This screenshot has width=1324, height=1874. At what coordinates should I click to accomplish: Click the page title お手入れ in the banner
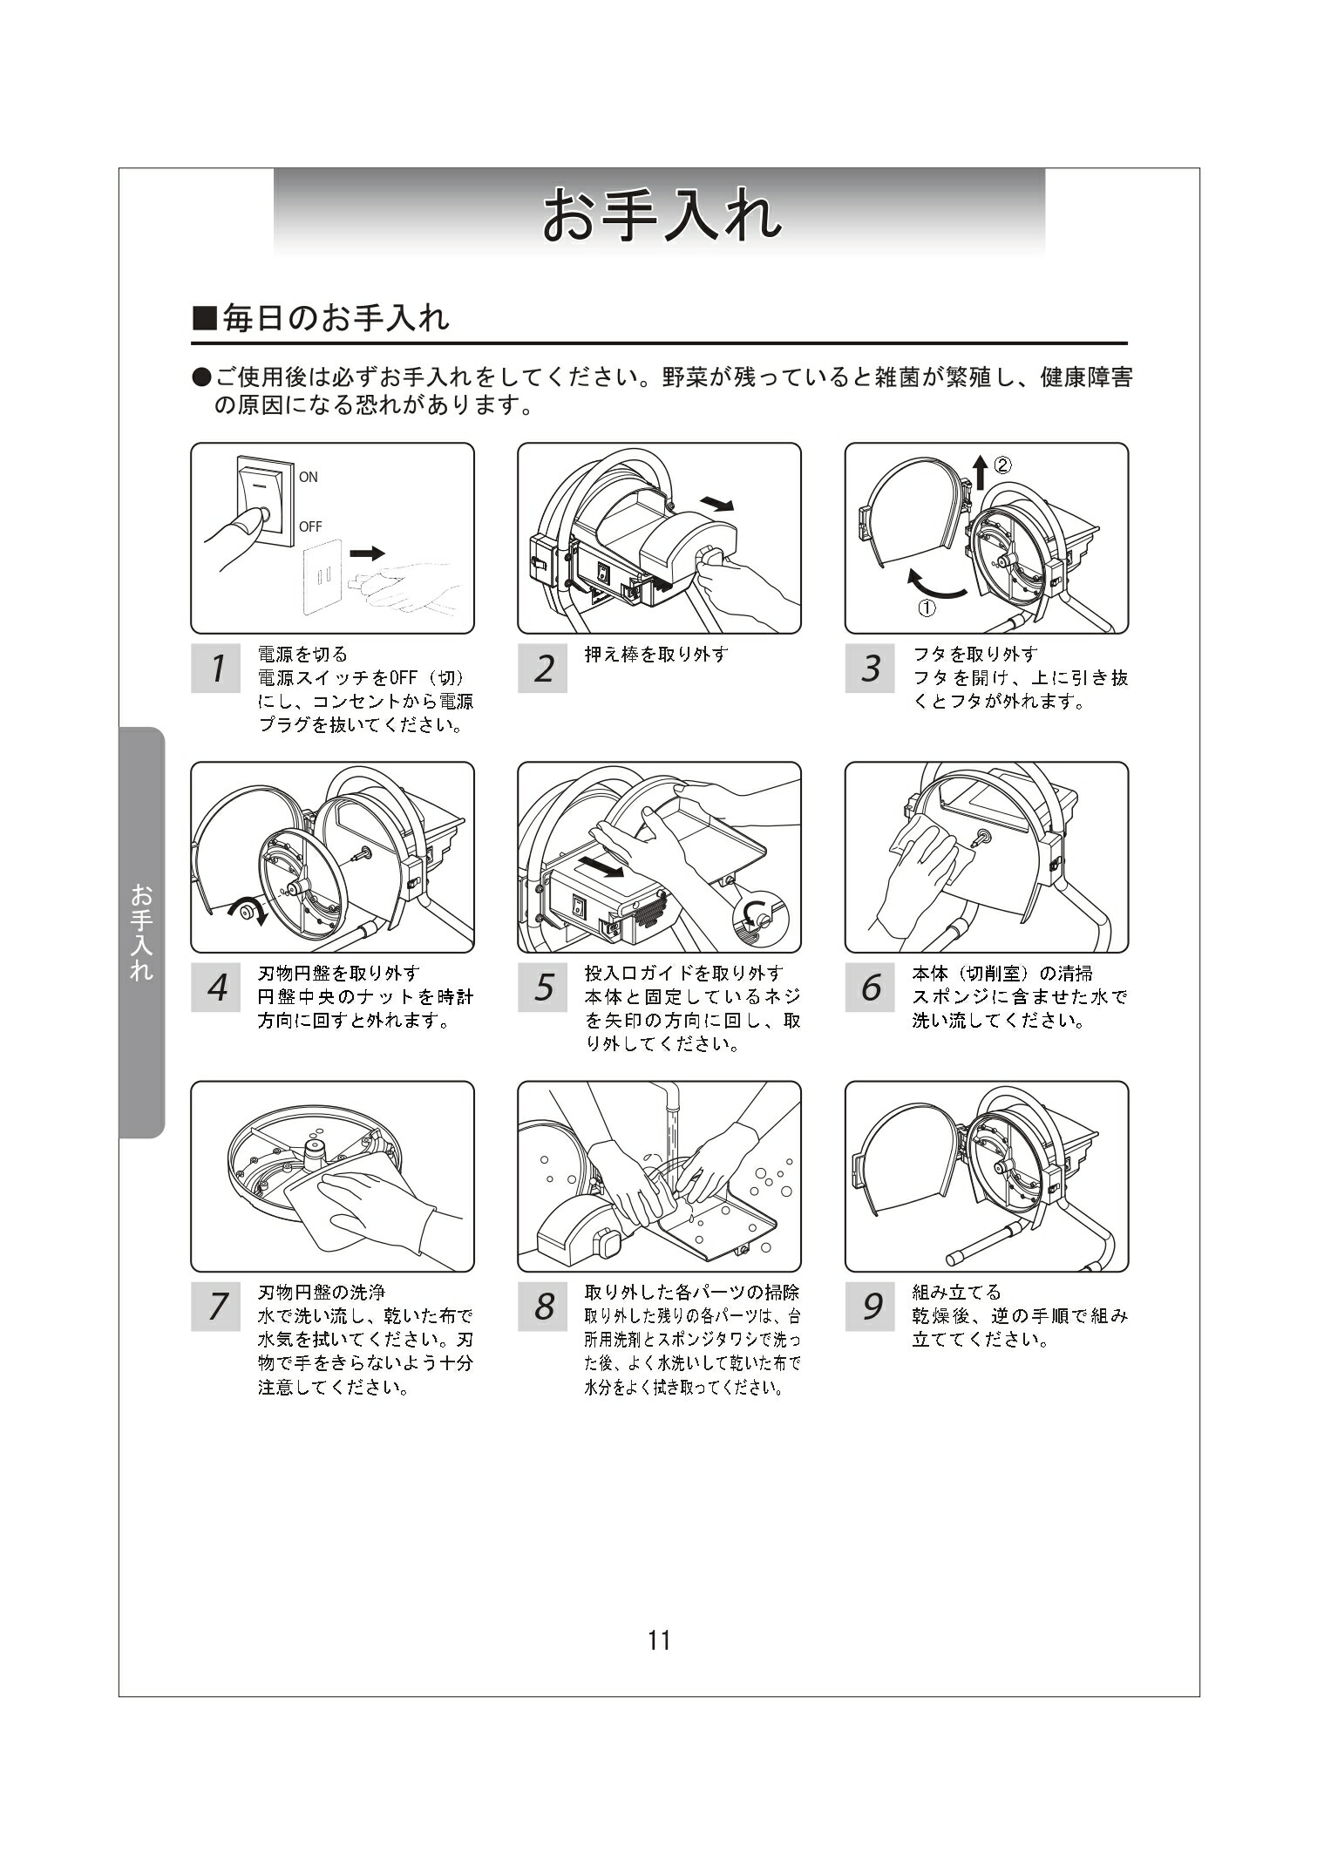[661, 215]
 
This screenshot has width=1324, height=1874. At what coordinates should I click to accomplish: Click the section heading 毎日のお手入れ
[321, 318]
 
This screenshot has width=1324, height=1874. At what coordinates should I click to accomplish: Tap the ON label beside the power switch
[309, 477]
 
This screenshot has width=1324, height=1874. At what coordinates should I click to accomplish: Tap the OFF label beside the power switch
[310, 526]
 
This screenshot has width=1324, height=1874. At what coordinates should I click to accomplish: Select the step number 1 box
[215, 669]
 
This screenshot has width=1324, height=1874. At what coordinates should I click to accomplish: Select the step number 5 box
[542, 988]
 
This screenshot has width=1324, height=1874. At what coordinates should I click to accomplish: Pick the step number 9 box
[870, 1307]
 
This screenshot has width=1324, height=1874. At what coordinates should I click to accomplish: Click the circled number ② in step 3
[1002, 465]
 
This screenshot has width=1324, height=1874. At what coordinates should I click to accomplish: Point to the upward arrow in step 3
[981, 472]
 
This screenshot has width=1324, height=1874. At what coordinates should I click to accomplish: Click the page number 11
[660, 1641]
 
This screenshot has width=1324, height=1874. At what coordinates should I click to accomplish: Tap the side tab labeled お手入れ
[141, 932]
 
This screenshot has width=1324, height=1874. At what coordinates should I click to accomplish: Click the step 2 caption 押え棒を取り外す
[655, 654]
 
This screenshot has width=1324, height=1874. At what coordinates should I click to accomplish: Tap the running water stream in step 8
[670, 1124]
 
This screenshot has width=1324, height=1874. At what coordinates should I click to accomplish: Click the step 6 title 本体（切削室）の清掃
[1001, 973]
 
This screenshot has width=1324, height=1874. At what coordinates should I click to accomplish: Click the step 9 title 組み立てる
[956, 1292]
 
